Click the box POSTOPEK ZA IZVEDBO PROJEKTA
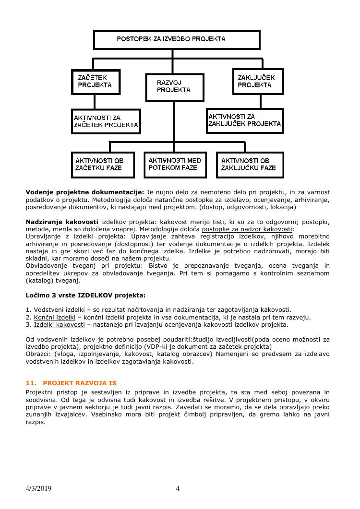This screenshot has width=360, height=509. coord(177,40)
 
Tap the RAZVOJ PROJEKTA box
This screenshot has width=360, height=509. coord(175,87)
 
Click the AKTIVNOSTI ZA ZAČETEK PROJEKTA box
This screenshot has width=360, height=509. coord(106,121)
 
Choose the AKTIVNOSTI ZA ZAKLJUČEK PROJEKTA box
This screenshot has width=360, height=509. coord(245,120)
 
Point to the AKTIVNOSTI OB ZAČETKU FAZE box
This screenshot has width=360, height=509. coord(104,165)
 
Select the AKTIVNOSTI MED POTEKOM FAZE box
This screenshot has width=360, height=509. coord(175,164)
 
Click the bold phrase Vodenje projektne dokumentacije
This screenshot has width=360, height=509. coord(84,192)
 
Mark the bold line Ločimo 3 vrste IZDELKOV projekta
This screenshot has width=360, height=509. coord(85,295)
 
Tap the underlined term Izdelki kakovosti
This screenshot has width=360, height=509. coord(59,324)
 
